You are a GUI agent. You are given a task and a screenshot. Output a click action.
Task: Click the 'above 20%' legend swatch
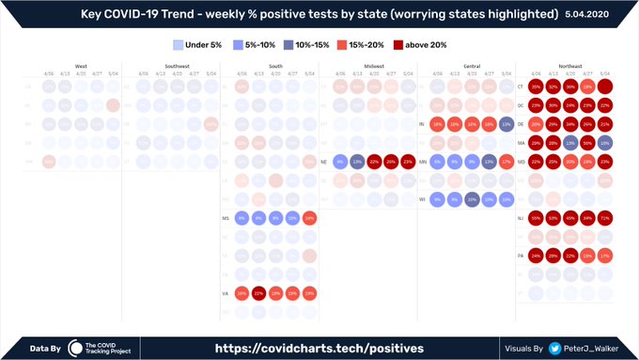pos(399,44)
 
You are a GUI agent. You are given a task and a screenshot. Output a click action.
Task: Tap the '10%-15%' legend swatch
pos(288,44)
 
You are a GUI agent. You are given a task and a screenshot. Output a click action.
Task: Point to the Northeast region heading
pos(569,66)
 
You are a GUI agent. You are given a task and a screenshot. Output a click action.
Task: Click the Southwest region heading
pos(177,66)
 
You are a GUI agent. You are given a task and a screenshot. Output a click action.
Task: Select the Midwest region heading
pos(373,66)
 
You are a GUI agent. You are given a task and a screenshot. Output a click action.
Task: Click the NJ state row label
pos(520,218)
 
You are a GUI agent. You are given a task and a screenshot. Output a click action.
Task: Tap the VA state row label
pos(226,293)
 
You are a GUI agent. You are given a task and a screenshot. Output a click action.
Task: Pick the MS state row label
pos(226,218)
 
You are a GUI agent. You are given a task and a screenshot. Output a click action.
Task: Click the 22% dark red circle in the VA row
pos(258,293)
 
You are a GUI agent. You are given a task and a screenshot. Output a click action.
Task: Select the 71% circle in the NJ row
pos(605,218)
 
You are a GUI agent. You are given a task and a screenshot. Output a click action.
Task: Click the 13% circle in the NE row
pos(356,162)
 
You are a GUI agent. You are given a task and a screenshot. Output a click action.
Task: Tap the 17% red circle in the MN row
pos(507,162)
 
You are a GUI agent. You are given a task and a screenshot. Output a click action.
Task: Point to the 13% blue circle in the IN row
pos(507,124)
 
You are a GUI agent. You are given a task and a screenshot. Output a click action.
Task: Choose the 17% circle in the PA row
pos(605,256)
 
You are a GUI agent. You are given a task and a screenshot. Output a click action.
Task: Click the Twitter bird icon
pos(555,348)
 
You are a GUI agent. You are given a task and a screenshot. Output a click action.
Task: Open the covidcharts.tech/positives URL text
pos(319,348)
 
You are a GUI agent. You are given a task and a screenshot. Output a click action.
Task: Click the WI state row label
pos(423,199)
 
